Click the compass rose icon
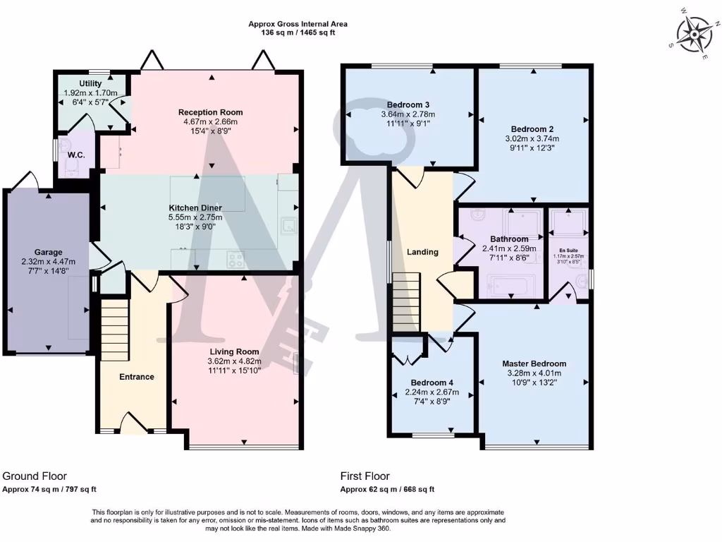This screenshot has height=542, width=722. coord(695,32)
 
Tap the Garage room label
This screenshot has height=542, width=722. coord(49,252)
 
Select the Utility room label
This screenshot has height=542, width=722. coord(90,83)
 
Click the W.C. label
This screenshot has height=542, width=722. coord(76,155)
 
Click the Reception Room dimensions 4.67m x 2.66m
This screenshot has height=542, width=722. coord(210,121)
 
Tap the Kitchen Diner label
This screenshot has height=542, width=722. coord(195,207)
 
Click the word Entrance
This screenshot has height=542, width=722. coord(136,377)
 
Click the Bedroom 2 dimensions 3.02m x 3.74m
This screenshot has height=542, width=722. coord(532,139)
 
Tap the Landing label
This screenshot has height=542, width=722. coord(422,252)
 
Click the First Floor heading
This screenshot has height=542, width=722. coord(365,476)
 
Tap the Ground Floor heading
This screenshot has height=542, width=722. coord(35,476)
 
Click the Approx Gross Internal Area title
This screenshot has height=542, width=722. coord(298,24)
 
